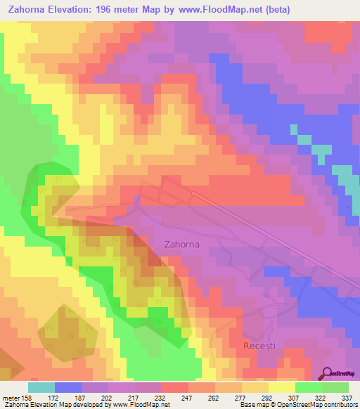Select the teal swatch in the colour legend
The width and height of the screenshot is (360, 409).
pyautogui.click(x=41, y=387)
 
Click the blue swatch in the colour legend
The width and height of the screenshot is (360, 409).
pyautogui.click(x=68, y=387)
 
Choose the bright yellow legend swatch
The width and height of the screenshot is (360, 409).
pyautogui.click(x=282, y=387)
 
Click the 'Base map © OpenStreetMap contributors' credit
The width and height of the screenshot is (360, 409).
pyautogui.click(x=298, y=405)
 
